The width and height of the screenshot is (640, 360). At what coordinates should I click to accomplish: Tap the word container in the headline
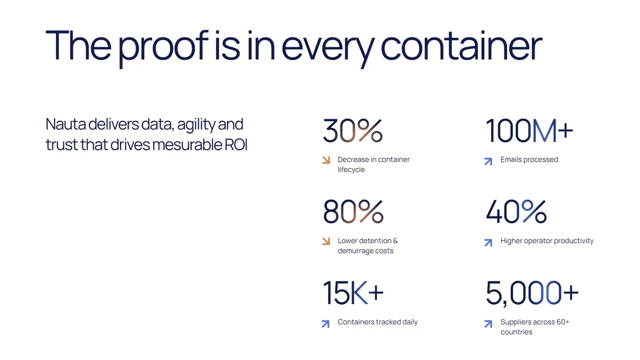pos(461,45)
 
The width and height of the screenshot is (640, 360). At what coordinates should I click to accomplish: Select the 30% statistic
pos(353,131)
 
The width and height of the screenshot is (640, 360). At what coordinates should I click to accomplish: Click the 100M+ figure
pos(529,131)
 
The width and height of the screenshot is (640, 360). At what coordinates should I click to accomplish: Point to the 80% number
pos(353,212)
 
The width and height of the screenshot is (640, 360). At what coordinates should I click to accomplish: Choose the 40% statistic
pos(516,212)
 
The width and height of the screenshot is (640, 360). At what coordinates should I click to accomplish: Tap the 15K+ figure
pos(353,293)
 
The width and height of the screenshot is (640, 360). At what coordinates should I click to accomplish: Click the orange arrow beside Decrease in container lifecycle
pos(326,160)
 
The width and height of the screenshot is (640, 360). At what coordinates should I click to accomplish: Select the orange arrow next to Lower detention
pos(326,241)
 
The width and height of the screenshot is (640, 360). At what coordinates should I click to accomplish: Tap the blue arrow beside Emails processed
pos(488,162)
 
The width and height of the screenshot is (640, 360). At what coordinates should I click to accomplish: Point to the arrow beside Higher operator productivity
pos(488,243)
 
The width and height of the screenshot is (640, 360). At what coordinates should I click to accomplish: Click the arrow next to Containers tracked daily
pos(325,324)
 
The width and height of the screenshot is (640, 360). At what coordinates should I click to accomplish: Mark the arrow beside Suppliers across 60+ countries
pos(488,324)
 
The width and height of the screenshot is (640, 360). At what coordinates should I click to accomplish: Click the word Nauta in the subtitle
pos(65,124)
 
